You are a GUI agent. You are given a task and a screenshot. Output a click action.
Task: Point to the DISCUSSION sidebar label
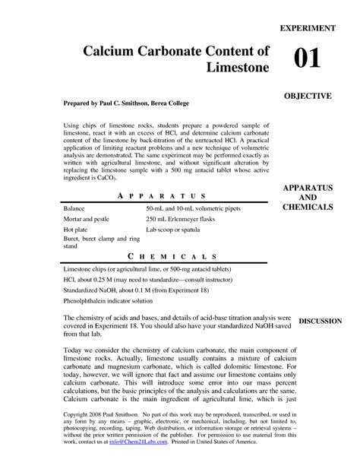point(321,322)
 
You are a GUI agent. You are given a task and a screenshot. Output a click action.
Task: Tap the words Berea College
point(182,102)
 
